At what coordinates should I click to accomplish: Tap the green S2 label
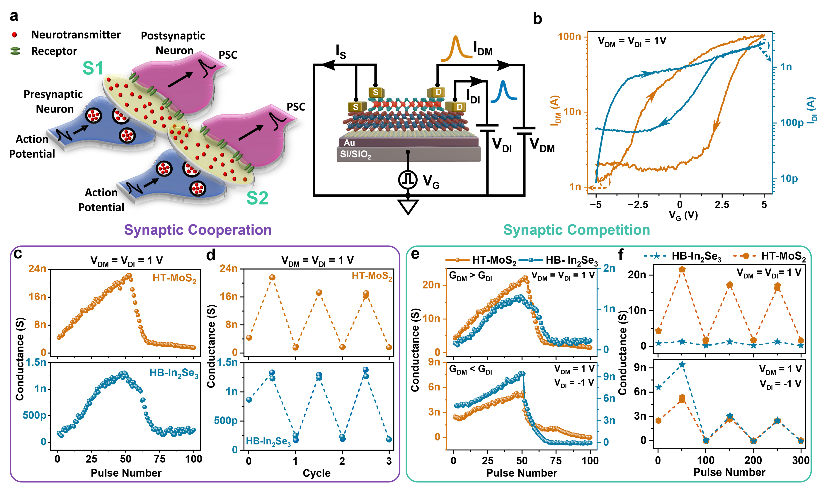click(257, 198)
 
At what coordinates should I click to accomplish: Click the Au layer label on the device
click(349, 143)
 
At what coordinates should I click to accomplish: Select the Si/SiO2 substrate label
click(355, 154)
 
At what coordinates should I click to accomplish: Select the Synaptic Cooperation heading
click(198, 230)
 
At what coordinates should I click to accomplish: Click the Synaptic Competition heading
click(576, 230)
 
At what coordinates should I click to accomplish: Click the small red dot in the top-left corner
click(14, 35)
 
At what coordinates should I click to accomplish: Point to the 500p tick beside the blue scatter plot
click(34, 415)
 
